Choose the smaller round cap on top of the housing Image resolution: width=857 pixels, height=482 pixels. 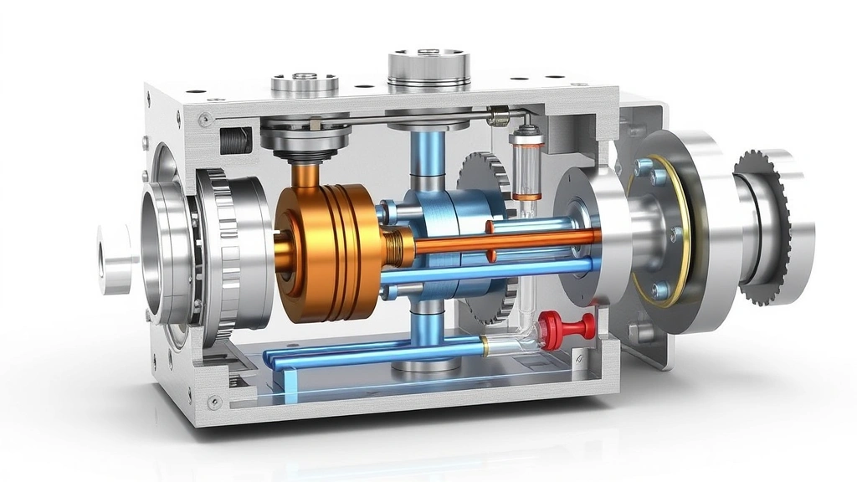click(x=305, y=84)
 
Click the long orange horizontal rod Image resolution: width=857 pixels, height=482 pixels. click(x=502, y=243)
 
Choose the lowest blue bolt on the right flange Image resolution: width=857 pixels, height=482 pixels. click(x=660, y=290)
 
